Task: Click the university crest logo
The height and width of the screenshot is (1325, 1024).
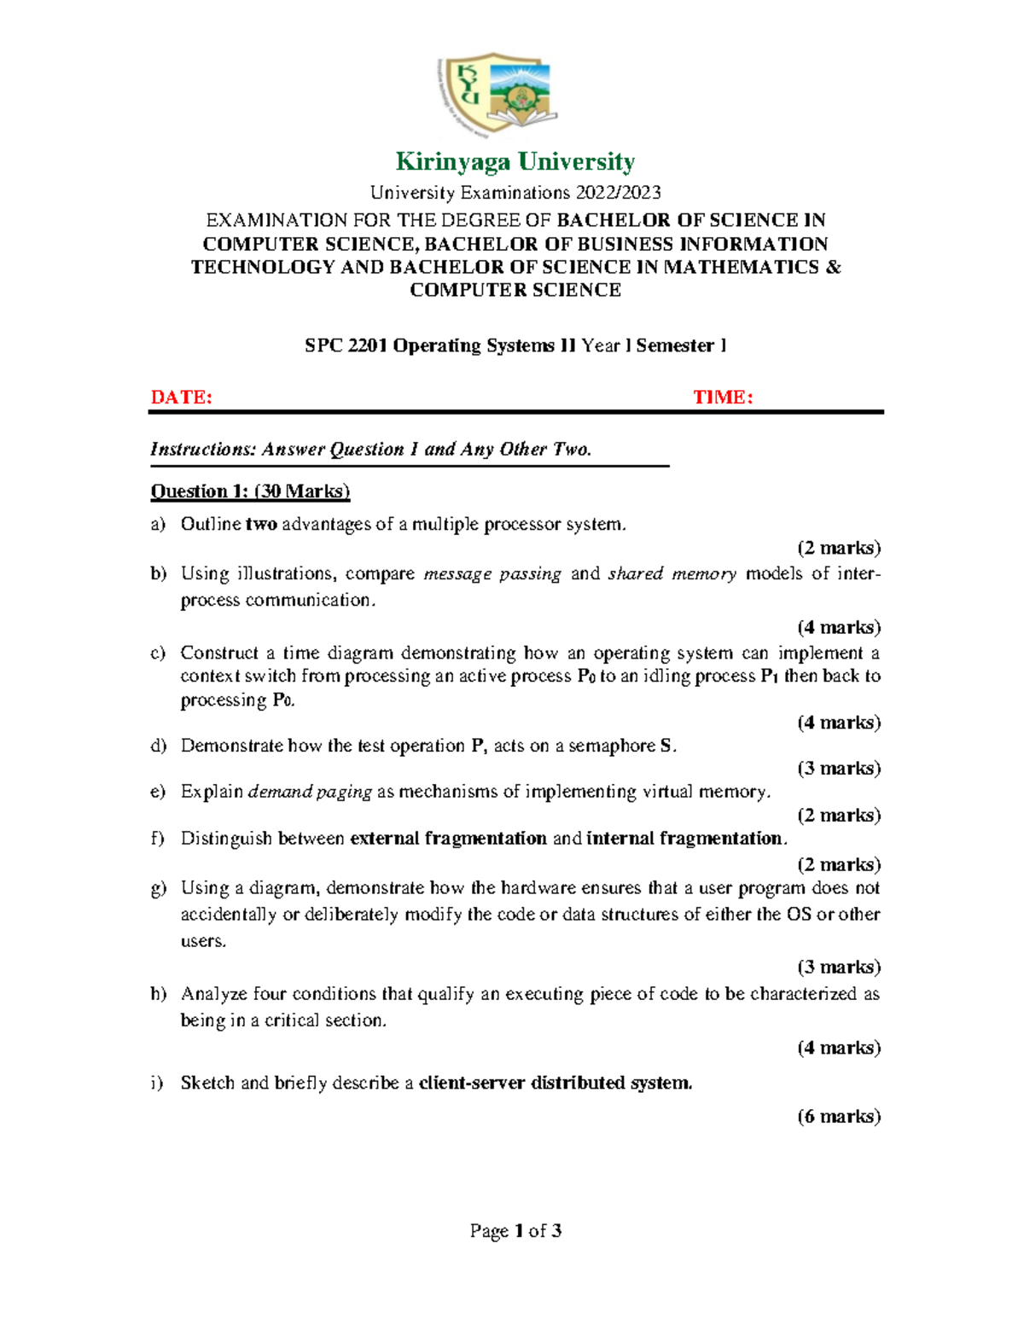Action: pos(497,95)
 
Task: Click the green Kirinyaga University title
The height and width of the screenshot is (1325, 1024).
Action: pos(515,161)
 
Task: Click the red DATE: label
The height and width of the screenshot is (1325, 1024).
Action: pos(181,397)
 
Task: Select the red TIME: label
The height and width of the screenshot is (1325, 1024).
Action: pos(722,397)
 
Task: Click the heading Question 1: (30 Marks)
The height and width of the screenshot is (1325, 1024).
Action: pos(250,491)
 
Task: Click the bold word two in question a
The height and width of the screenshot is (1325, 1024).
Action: pos(261,525)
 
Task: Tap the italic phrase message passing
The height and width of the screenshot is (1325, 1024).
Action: pos(492,574)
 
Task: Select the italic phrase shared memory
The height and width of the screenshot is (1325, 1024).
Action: pos(672,574)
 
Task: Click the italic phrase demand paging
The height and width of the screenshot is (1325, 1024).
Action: pos(310,793)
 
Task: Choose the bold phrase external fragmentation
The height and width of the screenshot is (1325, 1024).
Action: pos(448,839)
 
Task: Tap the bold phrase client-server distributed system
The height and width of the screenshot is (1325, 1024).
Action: pos(556,1084)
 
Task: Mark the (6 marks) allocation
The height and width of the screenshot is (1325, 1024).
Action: pos(839,1117)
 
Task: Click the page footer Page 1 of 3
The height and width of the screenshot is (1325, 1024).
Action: pos(515,1230)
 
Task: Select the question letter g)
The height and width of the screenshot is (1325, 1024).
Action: pos(158,888)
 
